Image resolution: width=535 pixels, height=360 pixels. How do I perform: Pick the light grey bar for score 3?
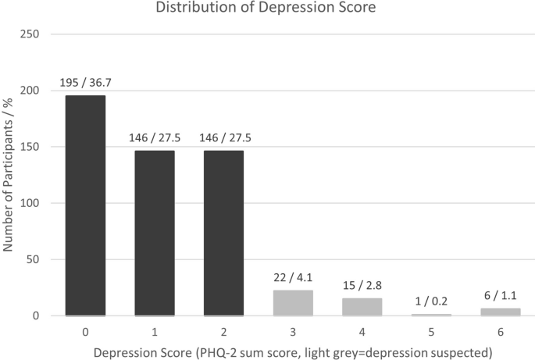pyautogui.click(x=293, y=303)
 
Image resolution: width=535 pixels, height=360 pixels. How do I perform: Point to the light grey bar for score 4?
pyautogui.click(x=362, y=307)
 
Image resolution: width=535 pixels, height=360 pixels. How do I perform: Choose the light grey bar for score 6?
pyautogui.click(x=501, y=312)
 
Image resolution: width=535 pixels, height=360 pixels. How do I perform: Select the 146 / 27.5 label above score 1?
pyautogui.click(x=155, y=138)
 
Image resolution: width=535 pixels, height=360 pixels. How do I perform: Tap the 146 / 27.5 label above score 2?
pyautogui.click(x=223, y=138)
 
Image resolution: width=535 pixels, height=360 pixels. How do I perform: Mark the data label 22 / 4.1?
pyautogui.click(x=293, y=278)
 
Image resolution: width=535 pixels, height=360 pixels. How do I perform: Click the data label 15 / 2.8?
pyautogui.click(x=362, y=286)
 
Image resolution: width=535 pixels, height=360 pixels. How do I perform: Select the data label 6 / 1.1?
pyautogui.click(x=501, y=296)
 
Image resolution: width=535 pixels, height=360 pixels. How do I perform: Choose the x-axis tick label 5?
pyautogui.click(x=431, y=331)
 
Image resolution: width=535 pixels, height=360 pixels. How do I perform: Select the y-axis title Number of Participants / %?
pyautogui.click(x=10, y=175)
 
